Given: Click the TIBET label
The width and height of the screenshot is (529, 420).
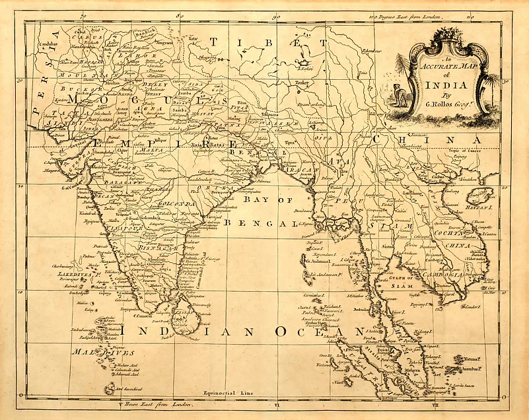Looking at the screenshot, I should coord(270,44).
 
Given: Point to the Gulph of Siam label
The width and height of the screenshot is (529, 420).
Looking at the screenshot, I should coord(403,283).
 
